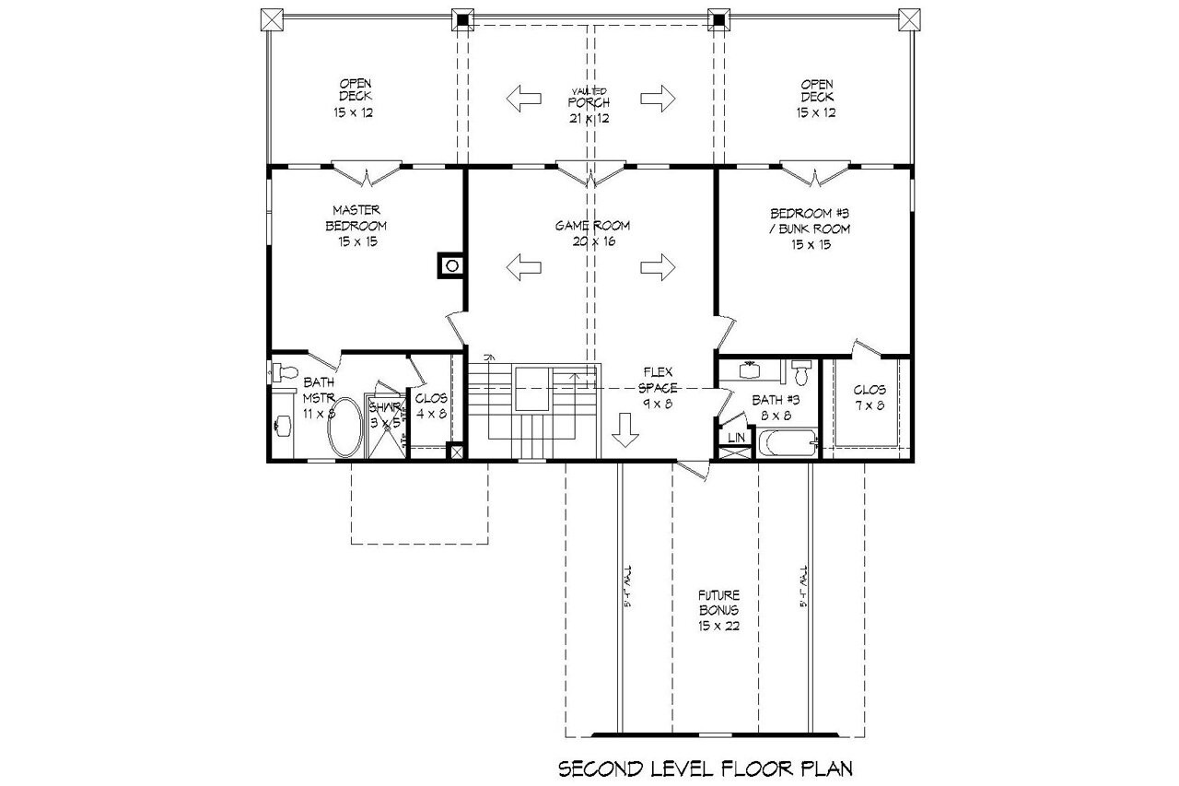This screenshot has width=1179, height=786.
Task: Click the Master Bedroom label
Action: pyautogui.click(x=355, y=226)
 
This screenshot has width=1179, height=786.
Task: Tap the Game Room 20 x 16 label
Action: pyautogui.click(x=592, y=233)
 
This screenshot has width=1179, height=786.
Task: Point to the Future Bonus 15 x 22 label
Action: pyautogui.click(x=718, y=610)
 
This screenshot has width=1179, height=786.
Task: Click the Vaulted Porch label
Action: pyautogui.click(x=589, y=104)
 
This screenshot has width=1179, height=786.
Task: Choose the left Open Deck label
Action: pyautogui.click(x=355, y=97)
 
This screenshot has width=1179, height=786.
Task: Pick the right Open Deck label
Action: pyautogui.click(x=816, y=97)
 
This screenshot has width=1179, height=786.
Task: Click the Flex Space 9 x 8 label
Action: pyautogui.click(x=660, y=387)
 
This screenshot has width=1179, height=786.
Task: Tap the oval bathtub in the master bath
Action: pyautogui.click(x=345, y=427)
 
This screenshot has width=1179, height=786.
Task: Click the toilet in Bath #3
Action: pyautogui.click(x=800, y=373)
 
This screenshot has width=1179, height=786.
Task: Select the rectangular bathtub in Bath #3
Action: pyautogui.click(x=788, y=445)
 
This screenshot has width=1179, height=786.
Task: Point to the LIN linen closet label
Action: pyautogui.click(x=736, y=437)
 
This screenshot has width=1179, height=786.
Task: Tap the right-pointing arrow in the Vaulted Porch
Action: pyautogui.click(x=659, y=97)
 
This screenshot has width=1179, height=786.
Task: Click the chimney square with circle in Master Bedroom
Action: pyautogui.click(x=451, y=266)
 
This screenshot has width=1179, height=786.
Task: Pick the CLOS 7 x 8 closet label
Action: pyautogui.click(x=869, y=397)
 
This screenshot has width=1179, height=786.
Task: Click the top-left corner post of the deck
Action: pyautogui.click(x=271, y=18)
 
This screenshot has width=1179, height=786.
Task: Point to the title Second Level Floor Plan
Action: pyautogui.click(x=705, y=767)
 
